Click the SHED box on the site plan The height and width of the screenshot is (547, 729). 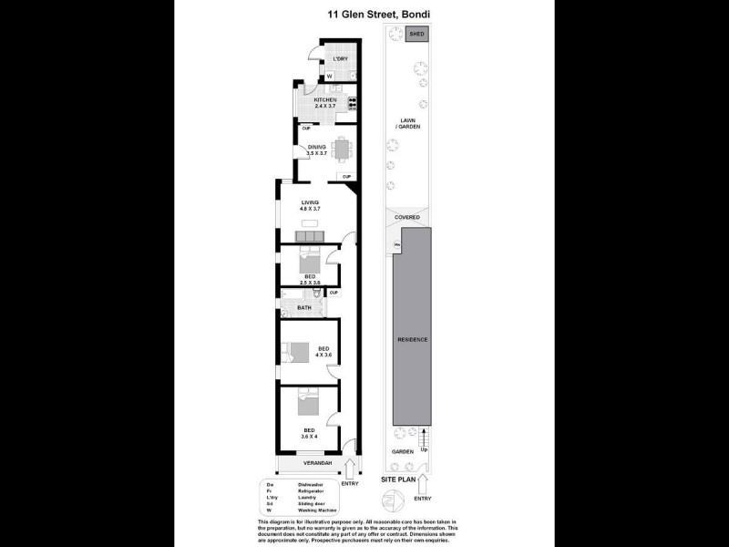coord(417,34)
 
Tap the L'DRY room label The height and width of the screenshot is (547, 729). coord(341,59)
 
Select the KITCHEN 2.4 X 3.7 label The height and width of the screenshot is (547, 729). coord(325,103)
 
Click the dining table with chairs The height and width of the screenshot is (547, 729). coord(342,150)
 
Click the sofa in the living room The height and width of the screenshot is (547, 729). coord(311,237)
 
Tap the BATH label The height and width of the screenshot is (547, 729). coord(303,308)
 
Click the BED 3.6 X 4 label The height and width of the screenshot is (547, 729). coord(311,433)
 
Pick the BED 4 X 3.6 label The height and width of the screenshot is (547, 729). coord(323,351)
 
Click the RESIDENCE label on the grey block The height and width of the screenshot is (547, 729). coord(412,340)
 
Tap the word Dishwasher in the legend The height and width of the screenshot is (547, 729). coord(311,484)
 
